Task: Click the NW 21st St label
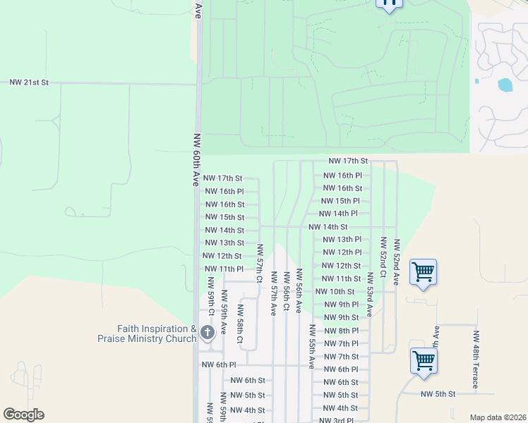coord(29,82)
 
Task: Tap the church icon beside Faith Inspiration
coord(207,331)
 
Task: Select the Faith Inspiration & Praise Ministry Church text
coord(146,333)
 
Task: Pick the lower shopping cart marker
coord(424,360)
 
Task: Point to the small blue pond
coord(505,85)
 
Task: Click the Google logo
coord(23,414)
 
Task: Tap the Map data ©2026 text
coord(497,417)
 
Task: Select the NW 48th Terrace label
coord(476,360)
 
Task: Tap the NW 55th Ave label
coord(311,347)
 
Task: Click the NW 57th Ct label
coord(260,265)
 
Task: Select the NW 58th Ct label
coord(240,324)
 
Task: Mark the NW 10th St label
coord(335,291)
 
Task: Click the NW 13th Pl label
coord(342,240)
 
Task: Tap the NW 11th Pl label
coord(224,269)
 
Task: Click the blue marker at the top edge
coord(389,4)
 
